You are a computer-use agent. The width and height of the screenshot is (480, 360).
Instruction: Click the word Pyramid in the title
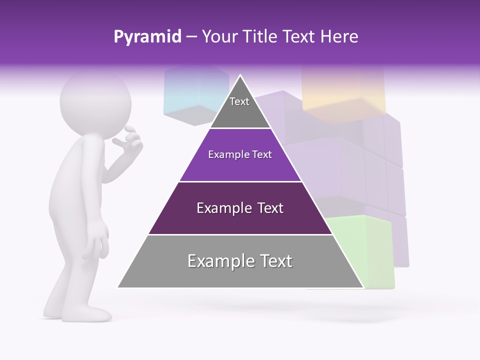[x=147, y=37]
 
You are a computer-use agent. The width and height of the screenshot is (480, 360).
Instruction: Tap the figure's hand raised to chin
[x=129, y=140]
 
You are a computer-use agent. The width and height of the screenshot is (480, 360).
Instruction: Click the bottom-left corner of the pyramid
[x=119, y=287]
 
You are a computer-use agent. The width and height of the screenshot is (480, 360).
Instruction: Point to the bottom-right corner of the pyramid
[x=362, y=287]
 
